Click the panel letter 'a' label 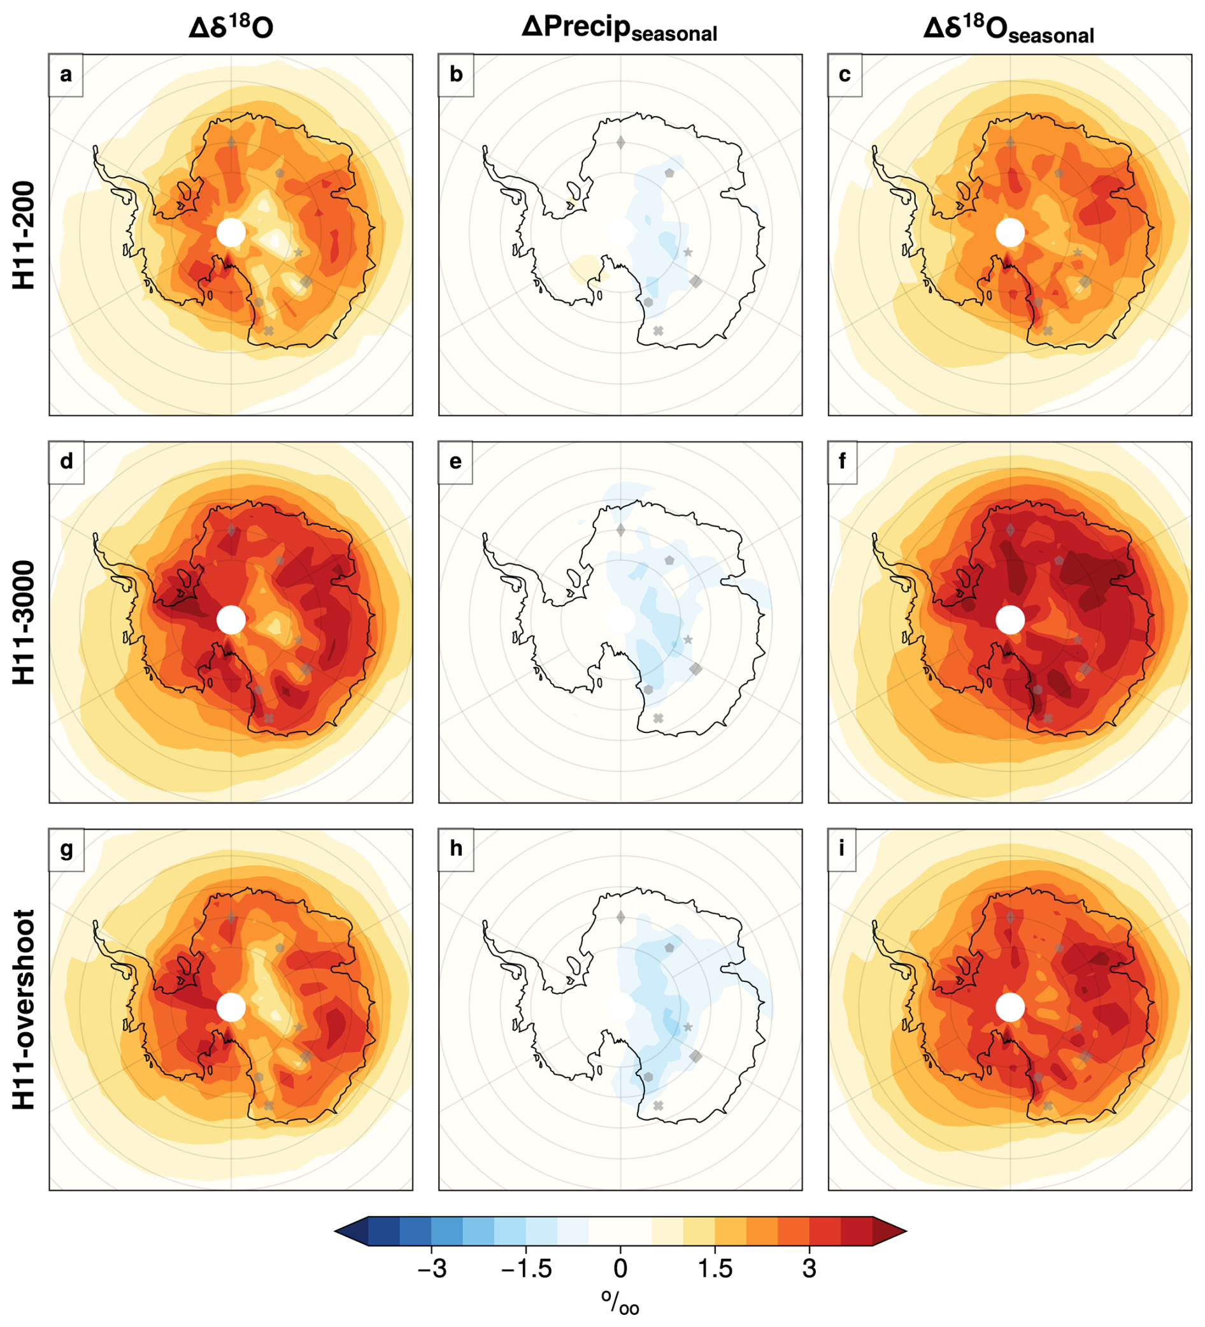tap(66, 75)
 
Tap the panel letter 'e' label tap(455, 462)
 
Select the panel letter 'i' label tap(841, 848)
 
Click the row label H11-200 tap(24, 235)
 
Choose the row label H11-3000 tap(24, 622)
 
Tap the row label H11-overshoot tap(24, 1009)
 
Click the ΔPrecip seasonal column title tap(619, 28)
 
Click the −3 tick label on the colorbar tap(432, 1268)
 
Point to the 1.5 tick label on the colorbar tap(715, 1268)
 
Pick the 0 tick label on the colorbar tap(620, 1268)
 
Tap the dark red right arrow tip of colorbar tap(889, 1230)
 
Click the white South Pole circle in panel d tap(231, 620)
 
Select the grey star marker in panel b tap(688, 252)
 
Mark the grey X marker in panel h tap(658, 1105)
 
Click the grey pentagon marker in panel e tap(669, 560)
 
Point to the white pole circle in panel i tap(1010, 1007)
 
